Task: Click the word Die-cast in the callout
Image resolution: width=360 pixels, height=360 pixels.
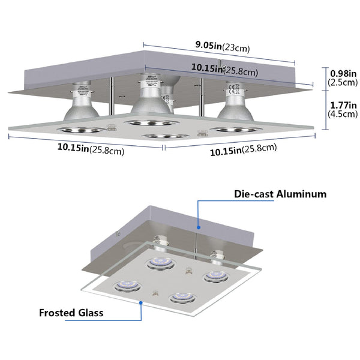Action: (x=251, y=194)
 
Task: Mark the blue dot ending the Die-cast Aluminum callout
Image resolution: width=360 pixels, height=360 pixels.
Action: (x=199, y=227)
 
